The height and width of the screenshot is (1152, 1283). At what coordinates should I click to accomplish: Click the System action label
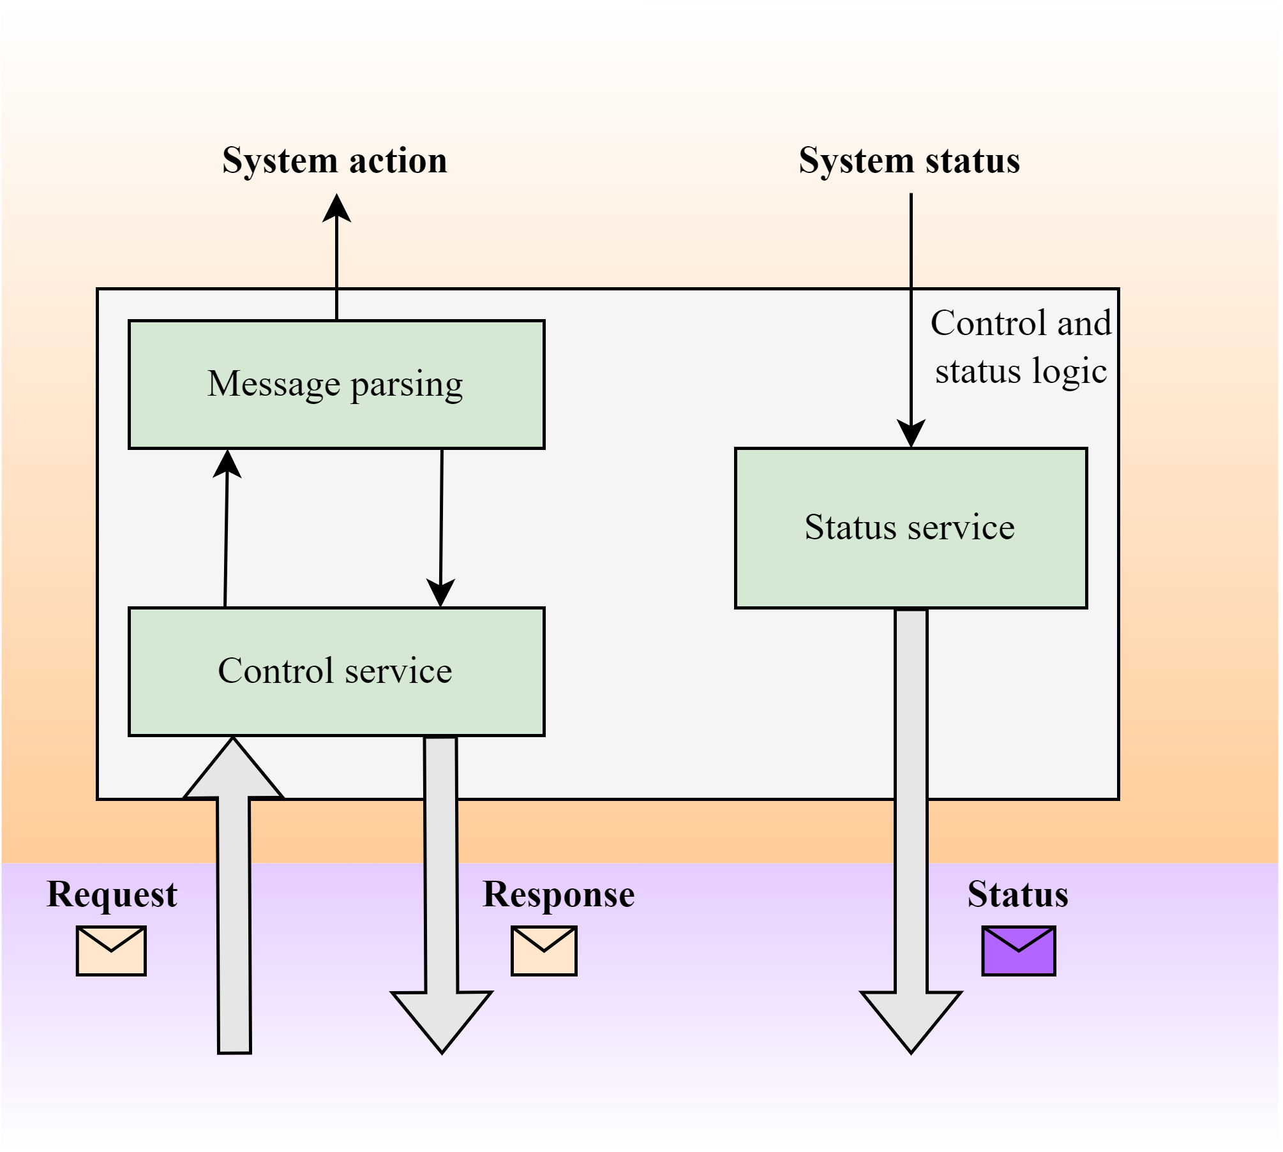tap(334, 160)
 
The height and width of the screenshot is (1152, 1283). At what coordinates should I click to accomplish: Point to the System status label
tap(909, 160)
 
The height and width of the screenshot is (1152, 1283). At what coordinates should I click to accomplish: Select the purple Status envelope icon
tap(1018, 950)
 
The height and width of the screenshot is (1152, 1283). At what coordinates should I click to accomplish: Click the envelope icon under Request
tap(111, 950)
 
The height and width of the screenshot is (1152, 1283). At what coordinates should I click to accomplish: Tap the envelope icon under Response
tap(544, 950)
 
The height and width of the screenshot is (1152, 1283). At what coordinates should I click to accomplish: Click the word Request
tap(112, 894)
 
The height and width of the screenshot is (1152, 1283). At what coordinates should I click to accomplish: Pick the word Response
tap(559, 894)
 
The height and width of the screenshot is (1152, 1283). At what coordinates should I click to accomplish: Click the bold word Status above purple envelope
tap(1017, 894)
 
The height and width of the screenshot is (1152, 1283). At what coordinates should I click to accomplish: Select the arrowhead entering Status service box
tap(911, 434)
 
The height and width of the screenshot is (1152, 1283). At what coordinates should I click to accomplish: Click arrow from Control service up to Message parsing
tap(227, 530)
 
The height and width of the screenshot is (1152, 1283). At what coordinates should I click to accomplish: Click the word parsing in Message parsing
tap(407, 385)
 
